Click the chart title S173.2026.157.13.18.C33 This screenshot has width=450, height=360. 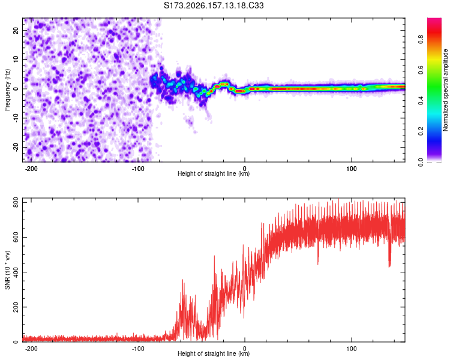[214, 5]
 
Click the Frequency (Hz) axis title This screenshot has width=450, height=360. [7, 90]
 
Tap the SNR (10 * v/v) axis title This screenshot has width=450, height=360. [7, 270]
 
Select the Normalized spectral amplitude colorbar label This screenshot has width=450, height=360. [445, 90]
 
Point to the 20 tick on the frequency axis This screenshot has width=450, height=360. [16, 30]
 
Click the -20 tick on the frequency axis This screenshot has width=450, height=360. [16, 148]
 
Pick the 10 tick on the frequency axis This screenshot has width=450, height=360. [16, 59]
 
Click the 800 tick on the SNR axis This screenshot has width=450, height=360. [16, 203]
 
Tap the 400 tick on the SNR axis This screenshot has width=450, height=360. [16, 272]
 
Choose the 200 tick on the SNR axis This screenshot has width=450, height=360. [16, 307]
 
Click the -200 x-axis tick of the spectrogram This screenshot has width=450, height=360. [31, 169]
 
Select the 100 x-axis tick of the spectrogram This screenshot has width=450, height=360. [351, 169]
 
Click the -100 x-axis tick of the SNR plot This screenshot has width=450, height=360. [138, 349]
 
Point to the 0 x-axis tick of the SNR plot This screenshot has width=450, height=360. [245, 349]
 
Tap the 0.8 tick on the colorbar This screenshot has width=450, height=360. [421, 39]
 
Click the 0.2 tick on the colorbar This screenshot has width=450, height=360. [421, 131]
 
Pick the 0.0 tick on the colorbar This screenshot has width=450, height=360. [421, 162]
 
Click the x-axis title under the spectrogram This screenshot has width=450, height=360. [214, 173]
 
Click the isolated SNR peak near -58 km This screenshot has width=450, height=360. [183, 280]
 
